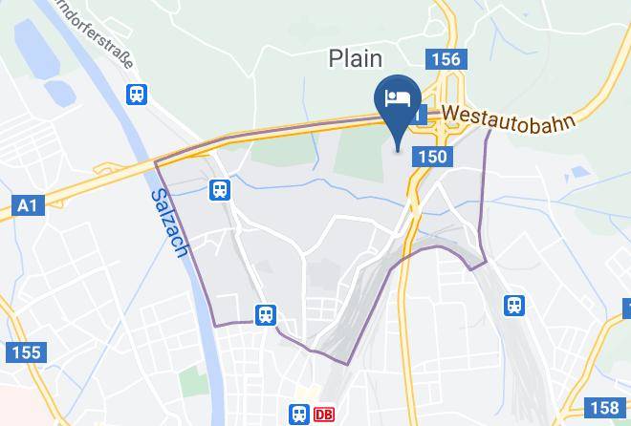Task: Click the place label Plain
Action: pyautogui.click(x=356, y=58)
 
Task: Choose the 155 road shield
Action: pyautogui.click(x=26, y=352)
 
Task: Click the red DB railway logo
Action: pyautogui.click(x=324, y=415)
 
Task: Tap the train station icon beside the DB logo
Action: pyautogui.click(x=299, y=415)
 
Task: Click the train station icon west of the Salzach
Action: pyautogui.click(x=139, y=93)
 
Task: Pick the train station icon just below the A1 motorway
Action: pyautogui.click(x=221, y=190)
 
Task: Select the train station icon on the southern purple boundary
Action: pyautogui.click(x=265, y=314)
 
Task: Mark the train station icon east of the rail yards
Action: pyautogui.click(x=514, y=305)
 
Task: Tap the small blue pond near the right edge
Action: pyautogui.click(x=577, y=174)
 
